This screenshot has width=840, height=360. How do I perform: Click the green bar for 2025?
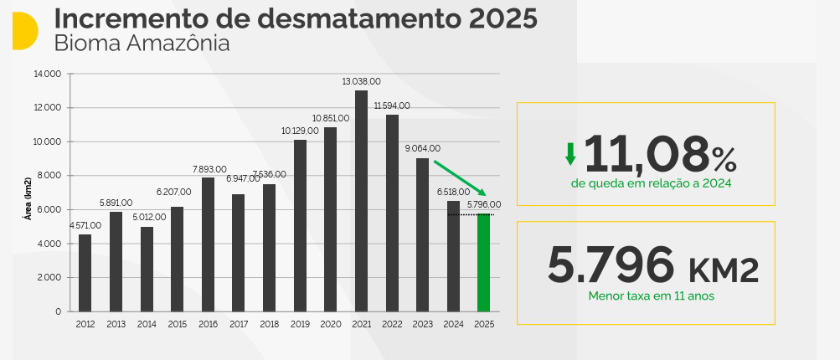[x=484, y=263]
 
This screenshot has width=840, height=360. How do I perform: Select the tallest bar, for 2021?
[x=361, y=201]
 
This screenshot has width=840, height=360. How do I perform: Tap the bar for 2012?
[x=85, y=273]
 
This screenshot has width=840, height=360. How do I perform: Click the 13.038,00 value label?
[x=361, y=82]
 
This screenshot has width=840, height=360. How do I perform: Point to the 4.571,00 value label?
[x=85, y=225]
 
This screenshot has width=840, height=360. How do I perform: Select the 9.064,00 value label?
[x=422, y=149]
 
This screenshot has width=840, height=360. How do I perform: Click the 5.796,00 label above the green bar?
[x=484, y=204]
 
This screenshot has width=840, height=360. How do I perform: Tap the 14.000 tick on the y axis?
[x=48, y=74]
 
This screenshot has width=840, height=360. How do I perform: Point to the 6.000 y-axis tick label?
[x=49, y=209]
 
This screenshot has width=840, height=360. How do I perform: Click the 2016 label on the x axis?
[x=208, y=324]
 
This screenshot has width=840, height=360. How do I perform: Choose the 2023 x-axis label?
[x=422, y=324]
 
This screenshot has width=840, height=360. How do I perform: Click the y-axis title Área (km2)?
[x=28, y=198]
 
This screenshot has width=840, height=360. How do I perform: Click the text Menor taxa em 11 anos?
[x=645, y=296]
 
